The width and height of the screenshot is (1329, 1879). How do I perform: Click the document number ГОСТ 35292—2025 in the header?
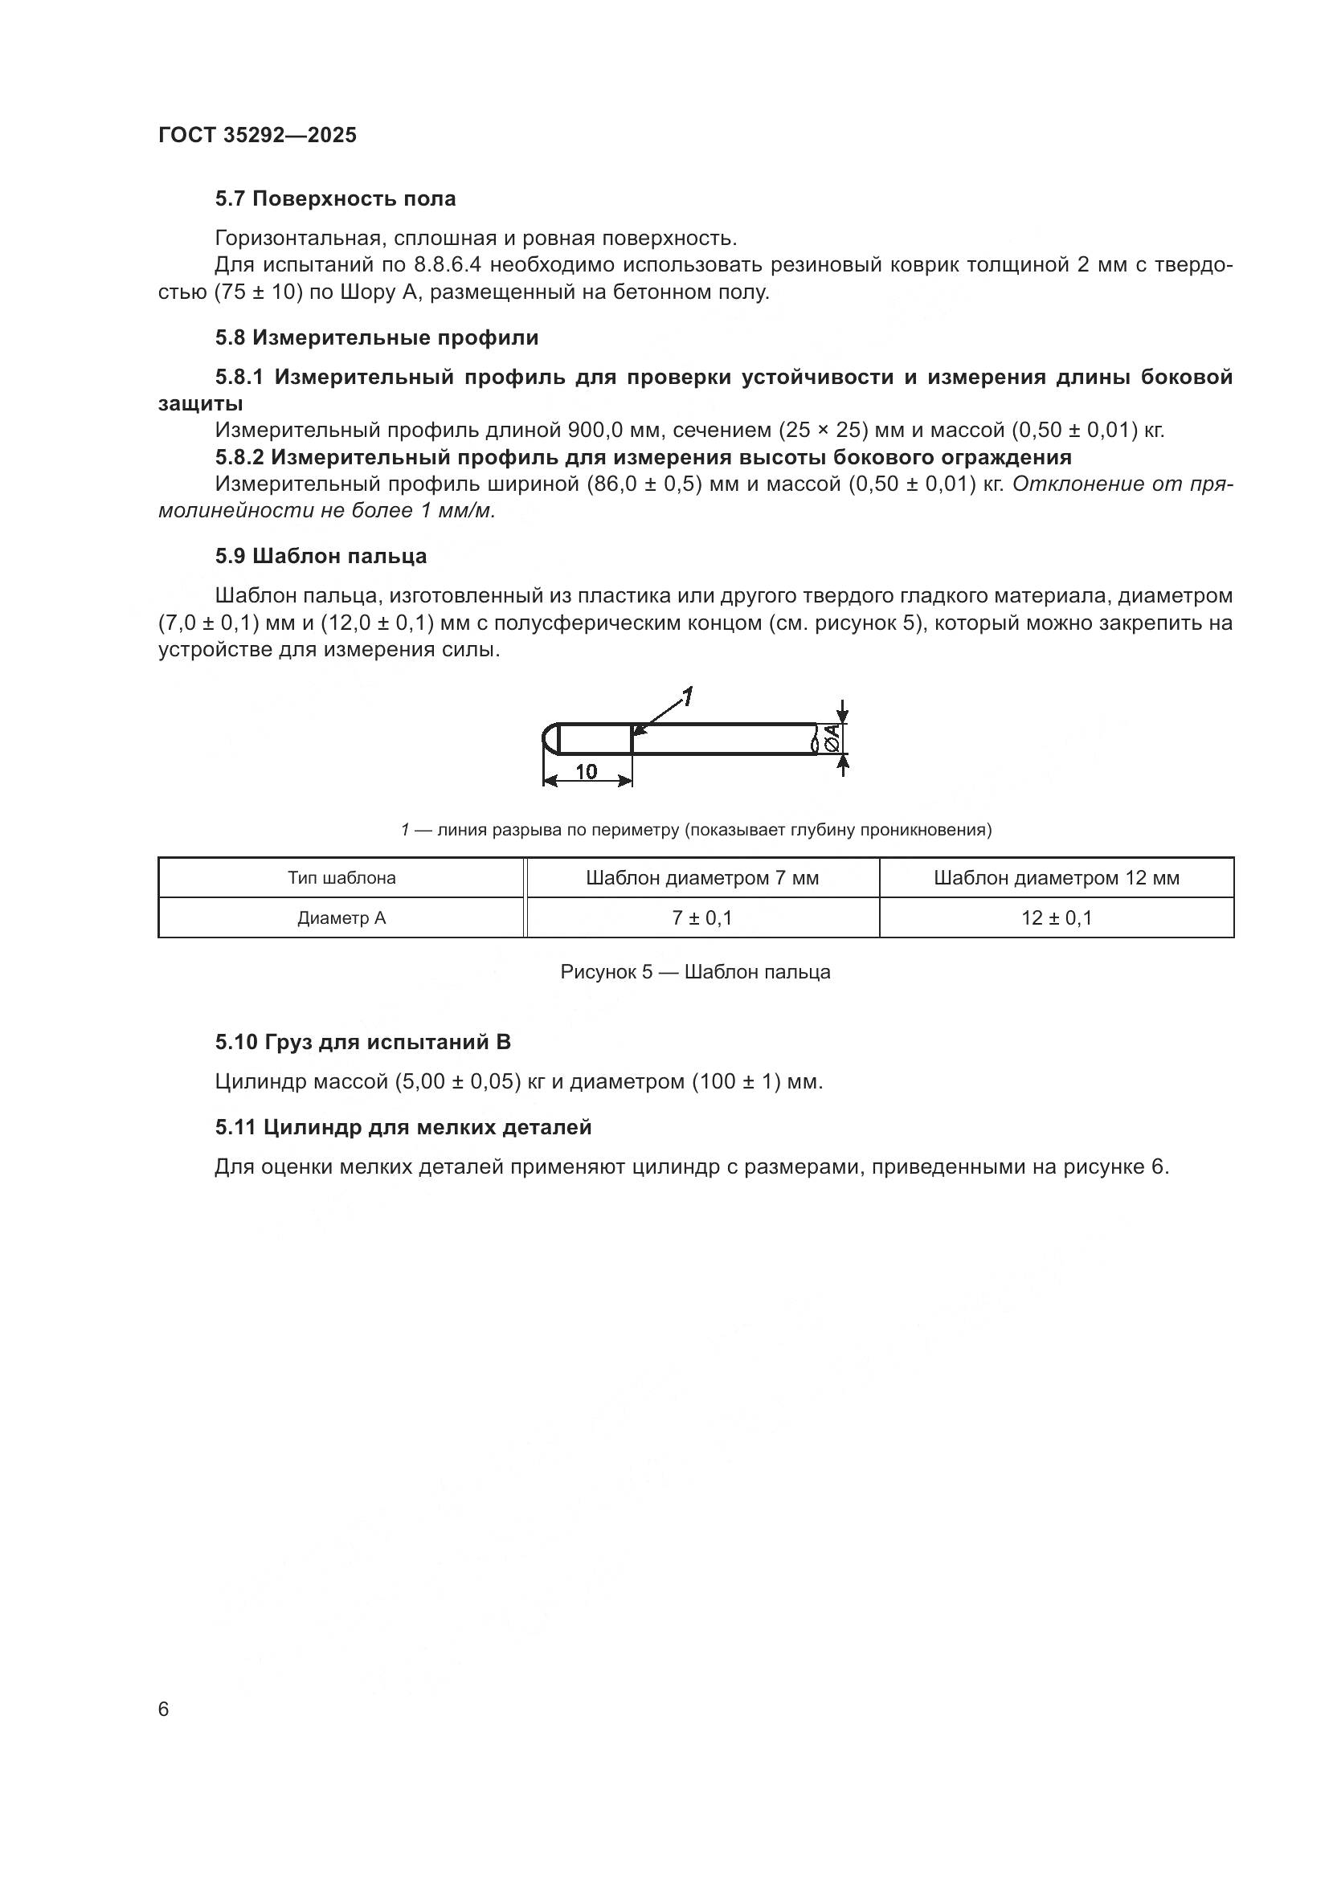[257, 135]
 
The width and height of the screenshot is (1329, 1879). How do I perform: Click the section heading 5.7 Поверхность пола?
[336, 199]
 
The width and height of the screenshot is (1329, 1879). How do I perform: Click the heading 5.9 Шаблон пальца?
[321, 556]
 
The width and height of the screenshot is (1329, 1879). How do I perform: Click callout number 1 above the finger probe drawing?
[688, 697]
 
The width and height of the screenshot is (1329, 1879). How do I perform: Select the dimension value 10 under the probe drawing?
[586, 771]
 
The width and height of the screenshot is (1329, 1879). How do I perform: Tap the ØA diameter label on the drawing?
[832, 739]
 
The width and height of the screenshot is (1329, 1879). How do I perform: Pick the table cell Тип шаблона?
[341, 878]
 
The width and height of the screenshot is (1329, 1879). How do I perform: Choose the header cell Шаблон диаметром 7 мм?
[702, 878]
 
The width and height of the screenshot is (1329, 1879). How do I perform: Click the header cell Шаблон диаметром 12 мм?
[1056, 878]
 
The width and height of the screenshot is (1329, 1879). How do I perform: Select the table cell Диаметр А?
[341, 918]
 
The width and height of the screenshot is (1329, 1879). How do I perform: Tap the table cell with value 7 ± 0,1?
[702, 918]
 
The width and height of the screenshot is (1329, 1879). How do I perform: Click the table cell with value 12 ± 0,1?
[1056, 918]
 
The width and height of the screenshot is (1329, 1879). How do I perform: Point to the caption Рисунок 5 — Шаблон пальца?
[695, 972]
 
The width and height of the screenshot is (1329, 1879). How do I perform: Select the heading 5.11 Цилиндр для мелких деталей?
[403, 1127]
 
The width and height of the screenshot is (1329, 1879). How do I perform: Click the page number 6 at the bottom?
[164, 1709]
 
